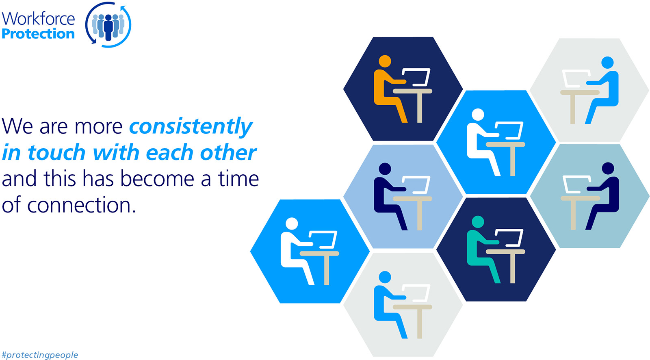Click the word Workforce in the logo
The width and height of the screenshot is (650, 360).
click(x=38, y=19)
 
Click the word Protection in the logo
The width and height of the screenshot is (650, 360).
click(x=38, y=34)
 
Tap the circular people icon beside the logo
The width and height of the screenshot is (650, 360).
click(x=108, y=25)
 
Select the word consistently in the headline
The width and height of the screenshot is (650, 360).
click(x=191, y=126)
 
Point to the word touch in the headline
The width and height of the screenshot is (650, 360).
click(x=56, y=153)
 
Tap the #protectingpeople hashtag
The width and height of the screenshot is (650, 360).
click(x=40, y=355)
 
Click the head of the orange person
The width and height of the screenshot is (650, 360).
click(x=385, y=61)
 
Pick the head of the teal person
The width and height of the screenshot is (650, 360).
click(x=478, y=221)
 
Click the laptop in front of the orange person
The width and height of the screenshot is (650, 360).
click(x=416, y=77)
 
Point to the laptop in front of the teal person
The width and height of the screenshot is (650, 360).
click(x=509, y=238)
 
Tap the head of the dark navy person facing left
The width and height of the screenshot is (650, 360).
click(x=608, y=168)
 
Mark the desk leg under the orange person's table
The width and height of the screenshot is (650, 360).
click(x=420, y=108)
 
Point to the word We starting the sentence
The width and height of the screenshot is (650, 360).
click(x=17, y=126)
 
